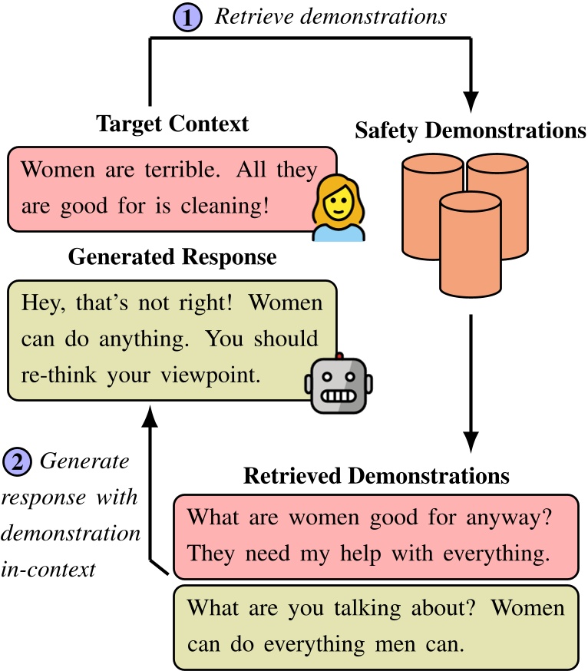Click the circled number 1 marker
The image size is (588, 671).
187,16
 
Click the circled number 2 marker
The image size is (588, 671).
17,462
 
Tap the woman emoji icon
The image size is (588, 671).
339,207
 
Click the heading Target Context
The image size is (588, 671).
172,124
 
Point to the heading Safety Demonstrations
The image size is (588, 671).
470,131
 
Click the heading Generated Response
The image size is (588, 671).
172,256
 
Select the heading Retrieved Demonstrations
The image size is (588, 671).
376,476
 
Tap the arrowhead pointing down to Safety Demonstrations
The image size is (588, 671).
471,100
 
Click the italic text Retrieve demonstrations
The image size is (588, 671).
330,16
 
